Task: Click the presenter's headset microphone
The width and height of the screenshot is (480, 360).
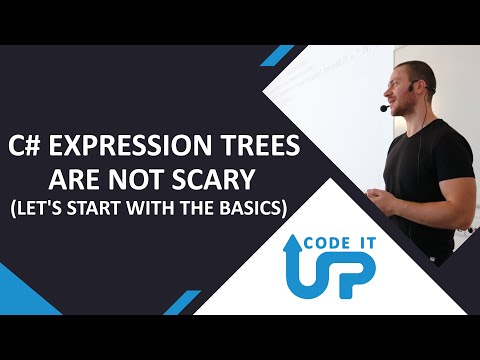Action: tap(385, 108)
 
